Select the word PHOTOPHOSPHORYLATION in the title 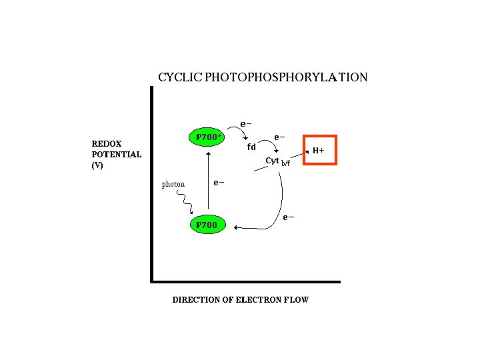[285, 77]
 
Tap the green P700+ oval [207, 137]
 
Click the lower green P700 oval [207, 225]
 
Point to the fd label [251, 146]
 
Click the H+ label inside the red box [319, 151]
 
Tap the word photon [173, 184]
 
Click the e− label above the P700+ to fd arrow [245, 123]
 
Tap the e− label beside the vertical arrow [218, 182]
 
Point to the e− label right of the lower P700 [287, 217]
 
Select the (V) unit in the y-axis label [97, 165]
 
